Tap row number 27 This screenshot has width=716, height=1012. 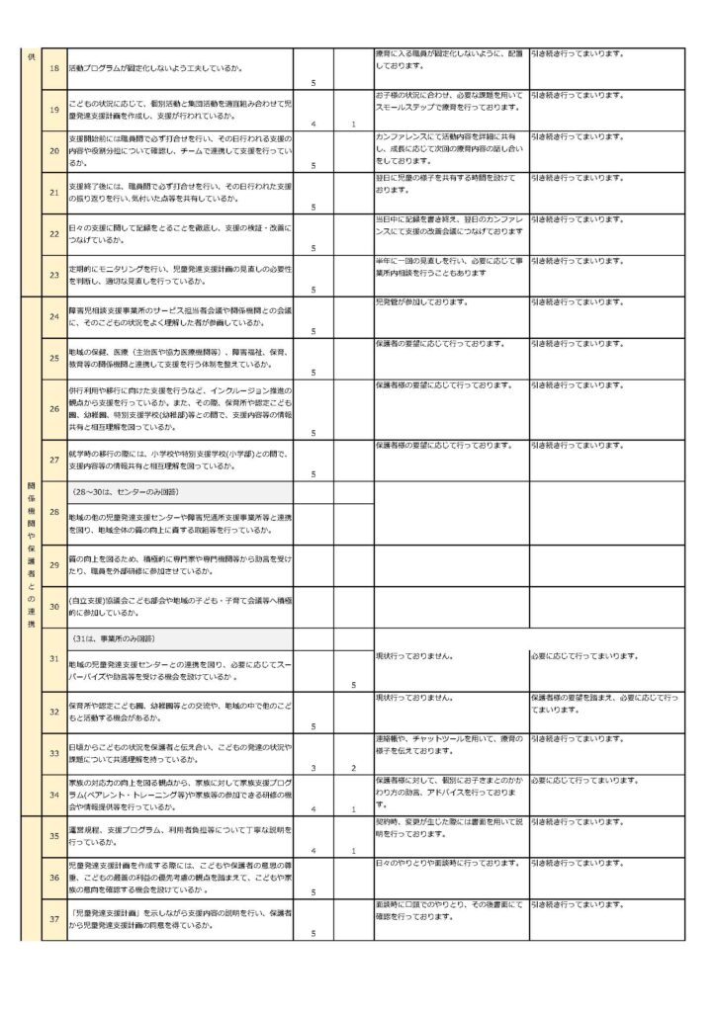tap(53, 459)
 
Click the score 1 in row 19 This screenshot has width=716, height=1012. tap(353, 124)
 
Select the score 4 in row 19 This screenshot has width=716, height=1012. tap(313, 124)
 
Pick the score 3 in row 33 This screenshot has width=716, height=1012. tap(313, 767)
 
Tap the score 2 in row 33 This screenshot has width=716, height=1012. tap(353, 767)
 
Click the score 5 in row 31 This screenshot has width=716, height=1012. tap(353, 684)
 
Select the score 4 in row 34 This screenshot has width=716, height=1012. tap(313, 808)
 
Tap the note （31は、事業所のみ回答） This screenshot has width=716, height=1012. tap(119, 637)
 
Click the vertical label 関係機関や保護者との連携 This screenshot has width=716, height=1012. tap(31, 556)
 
